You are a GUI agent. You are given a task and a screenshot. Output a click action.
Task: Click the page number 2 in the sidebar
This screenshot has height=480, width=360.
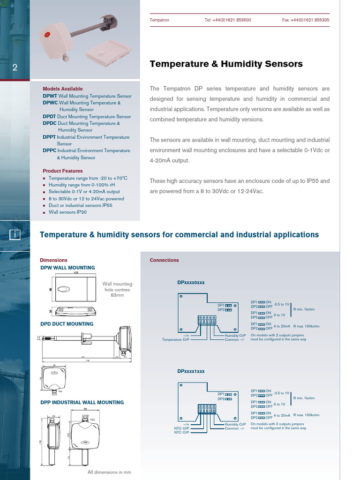[15, 68]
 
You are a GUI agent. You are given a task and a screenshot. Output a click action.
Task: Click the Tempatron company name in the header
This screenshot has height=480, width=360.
[159, 20]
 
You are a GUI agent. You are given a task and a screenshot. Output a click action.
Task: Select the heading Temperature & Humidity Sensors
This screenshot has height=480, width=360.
[226, 64]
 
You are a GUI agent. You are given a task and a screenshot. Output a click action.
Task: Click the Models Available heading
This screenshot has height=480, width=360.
[62, 89]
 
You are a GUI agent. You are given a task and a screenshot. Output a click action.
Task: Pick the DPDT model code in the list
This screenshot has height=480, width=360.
[49, 117]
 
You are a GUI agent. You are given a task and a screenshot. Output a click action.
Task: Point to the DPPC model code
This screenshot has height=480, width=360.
[49, 150]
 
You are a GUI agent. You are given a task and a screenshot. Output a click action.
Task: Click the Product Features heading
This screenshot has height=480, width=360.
[62, 171]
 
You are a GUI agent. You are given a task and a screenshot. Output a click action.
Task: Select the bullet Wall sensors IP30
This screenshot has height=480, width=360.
[67, 212]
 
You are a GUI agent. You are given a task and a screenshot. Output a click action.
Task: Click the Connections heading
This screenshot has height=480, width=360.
[164, 260]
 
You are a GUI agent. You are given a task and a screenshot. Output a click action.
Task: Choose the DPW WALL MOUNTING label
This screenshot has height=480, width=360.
[67, 268]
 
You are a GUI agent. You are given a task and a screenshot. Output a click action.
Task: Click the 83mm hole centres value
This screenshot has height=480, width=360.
[118, 295]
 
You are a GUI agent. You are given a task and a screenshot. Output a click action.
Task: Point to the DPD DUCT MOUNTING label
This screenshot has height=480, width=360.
[67, 324]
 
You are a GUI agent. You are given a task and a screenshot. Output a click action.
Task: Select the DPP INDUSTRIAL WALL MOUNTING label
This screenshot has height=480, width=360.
[82, 402]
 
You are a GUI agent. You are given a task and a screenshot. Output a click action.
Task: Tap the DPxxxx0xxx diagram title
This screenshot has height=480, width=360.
[191, 283]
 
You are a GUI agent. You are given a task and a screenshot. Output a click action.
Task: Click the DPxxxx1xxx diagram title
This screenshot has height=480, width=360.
[191, 371]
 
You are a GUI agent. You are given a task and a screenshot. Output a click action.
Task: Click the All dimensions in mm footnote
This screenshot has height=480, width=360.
[109, 472]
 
